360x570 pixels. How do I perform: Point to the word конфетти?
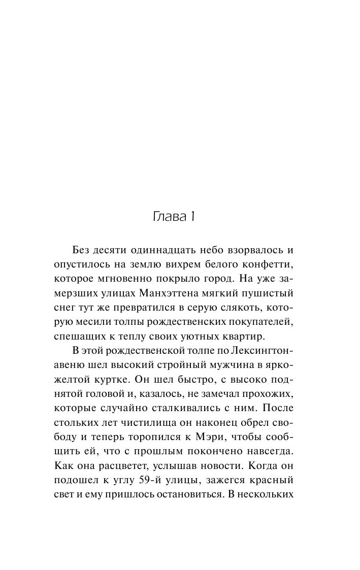pyautogui.click(x=269, y=265)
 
